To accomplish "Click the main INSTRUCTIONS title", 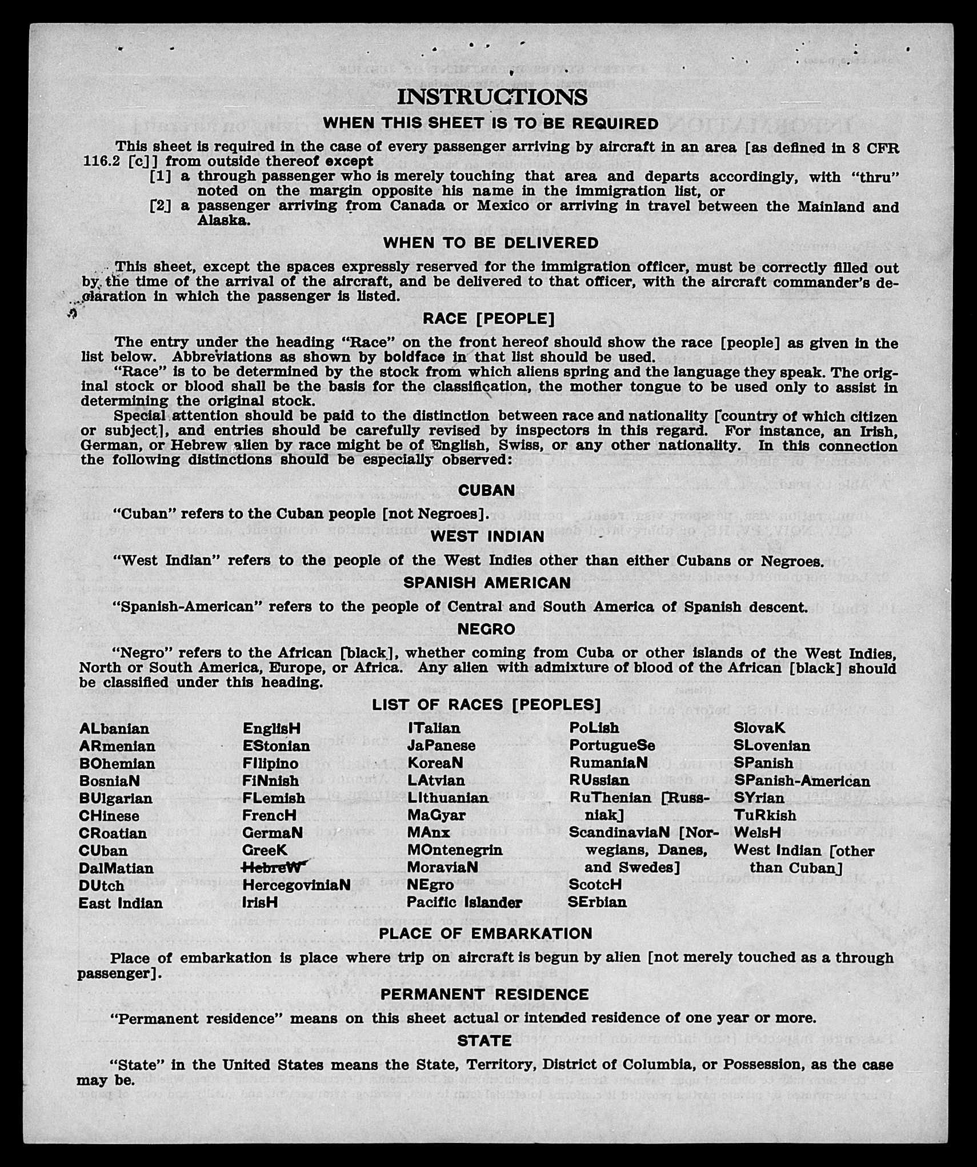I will [492, 97].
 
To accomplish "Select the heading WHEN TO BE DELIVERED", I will [491, 243].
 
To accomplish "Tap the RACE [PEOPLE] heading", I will [488, 318].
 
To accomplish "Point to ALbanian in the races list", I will [114, 729].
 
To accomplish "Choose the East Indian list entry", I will [121, 903].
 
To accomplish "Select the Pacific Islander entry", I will [464, 902].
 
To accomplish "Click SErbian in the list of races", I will [597, 902].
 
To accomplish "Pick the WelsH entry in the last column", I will [757, 832].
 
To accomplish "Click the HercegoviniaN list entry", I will [296, 885].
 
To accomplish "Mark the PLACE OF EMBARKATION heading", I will [486, 933].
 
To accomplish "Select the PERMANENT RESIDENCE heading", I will [485, 994].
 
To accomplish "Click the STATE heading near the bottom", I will [485, 1041].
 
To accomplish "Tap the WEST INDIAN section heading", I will [487, 536].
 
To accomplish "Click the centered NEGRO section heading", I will [486, 629].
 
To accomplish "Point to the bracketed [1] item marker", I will [160, 177].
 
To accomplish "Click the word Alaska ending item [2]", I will [223, 220].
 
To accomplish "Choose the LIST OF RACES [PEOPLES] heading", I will [486, 705].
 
